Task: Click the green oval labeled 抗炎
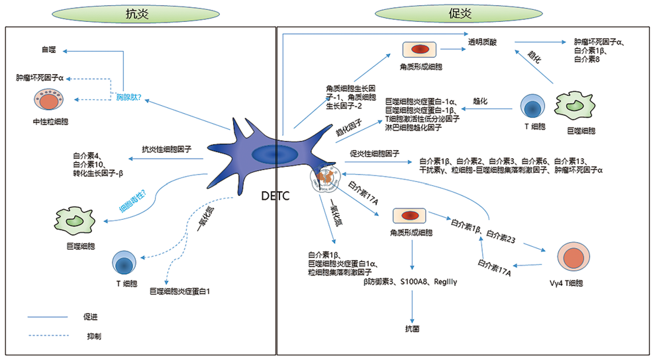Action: [x=136, y=14]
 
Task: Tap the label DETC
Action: [x=275, y=196]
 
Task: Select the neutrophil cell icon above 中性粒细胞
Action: [x=49, y=99]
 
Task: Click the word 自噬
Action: [x=49, y=50]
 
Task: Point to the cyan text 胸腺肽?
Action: [x=129, y=97]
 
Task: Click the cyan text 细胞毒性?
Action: [x=133, y=201]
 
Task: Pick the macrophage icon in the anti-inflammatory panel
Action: [x=75, y=221]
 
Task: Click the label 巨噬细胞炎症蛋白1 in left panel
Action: [x=180, y=292]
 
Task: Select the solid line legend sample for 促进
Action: [x=47, y=317]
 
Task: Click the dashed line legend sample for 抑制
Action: [x=48, y=336]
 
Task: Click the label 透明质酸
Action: [x=482, y=42]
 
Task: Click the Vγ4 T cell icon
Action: [x=573, y=257]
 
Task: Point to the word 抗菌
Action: [x=412, y=329]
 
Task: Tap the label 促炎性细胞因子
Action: [x=375, y=154]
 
